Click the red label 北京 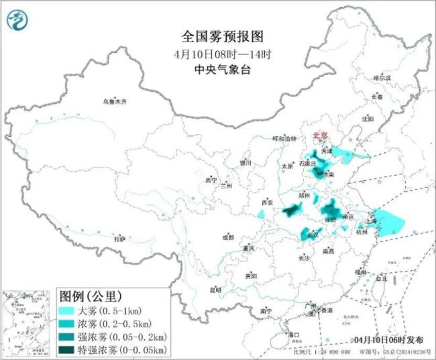click(321, 136)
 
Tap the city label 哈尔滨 click(382, 78)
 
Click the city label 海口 click(292, 333)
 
